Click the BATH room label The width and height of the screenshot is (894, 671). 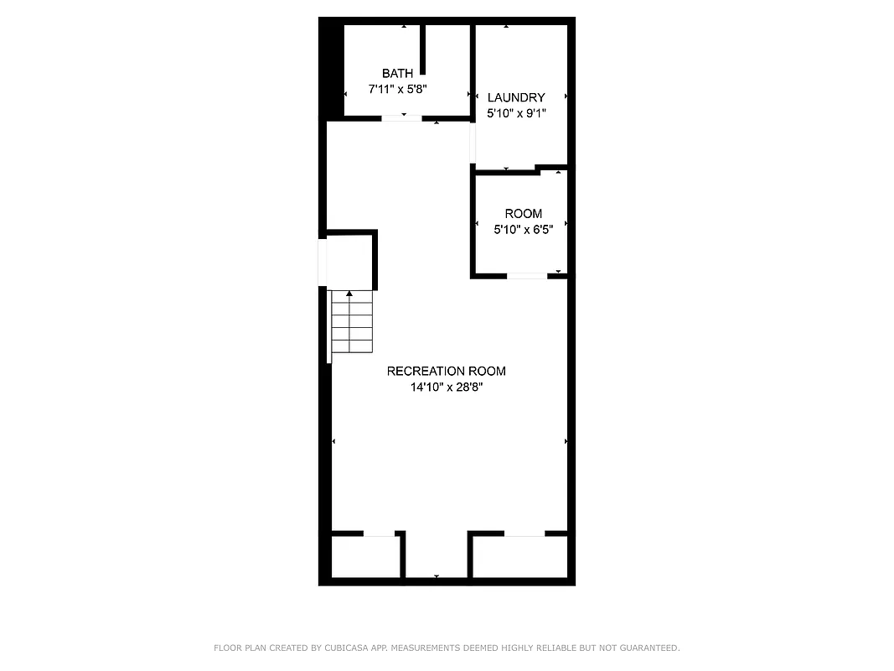(397, 74)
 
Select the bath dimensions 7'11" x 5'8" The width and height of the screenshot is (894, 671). (397, 89)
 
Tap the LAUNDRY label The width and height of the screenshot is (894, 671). (516, 97)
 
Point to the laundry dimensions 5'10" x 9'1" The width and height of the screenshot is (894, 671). (516, 113)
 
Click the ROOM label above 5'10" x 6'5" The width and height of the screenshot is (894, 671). (523, 214)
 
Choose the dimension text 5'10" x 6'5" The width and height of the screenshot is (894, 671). (523, 229)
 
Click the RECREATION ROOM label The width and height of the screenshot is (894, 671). (446, 371)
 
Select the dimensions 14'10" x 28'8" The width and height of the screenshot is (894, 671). (447, 388)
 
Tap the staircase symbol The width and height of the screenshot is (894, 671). (350, 322)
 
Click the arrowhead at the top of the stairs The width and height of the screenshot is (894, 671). (349, 294)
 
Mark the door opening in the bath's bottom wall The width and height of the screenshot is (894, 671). (401, 118)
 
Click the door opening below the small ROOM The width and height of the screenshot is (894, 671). (527, 275)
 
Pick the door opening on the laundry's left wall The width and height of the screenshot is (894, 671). (473, 143)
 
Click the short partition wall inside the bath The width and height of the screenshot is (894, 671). (424, 50)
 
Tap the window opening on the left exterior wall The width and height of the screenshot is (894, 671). (322, 263)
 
